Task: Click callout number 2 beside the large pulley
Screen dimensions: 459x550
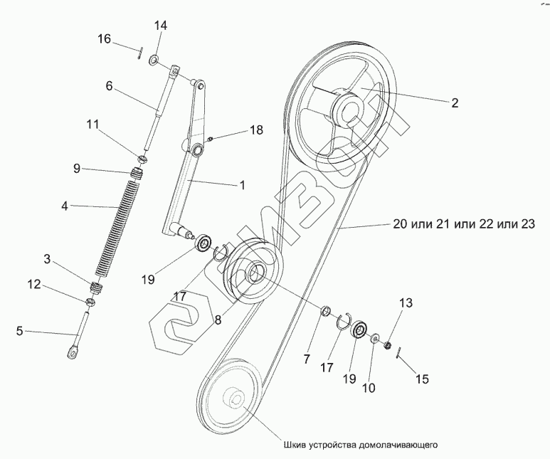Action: coord(455,102)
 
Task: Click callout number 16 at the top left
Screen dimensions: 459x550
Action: coord(105,38)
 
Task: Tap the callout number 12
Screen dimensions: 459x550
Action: coord(33,285)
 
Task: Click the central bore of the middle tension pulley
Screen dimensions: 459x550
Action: coord(256,273)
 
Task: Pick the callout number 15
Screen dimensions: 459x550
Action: coord(422,379)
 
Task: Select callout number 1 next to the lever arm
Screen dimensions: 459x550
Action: coord(242,185)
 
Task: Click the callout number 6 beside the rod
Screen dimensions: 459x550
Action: coord(109,85)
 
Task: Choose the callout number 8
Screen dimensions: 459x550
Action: coord(218,320)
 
